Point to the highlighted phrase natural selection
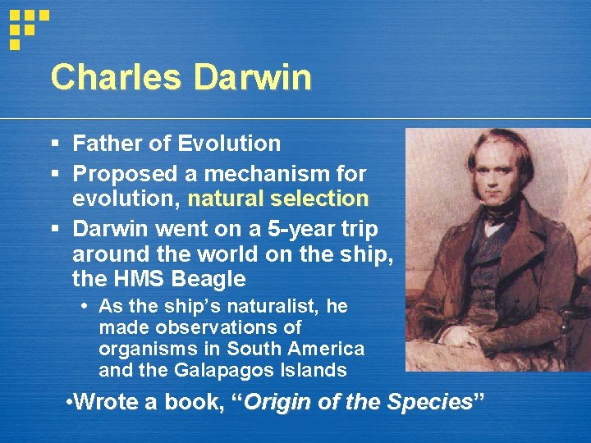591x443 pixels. coord(277,199)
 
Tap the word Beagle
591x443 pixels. coord(208,279)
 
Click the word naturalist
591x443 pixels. coord(282,307)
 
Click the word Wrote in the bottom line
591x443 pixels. coord(103,403)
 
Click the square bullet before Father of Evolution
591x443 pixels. coord(54,144)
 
